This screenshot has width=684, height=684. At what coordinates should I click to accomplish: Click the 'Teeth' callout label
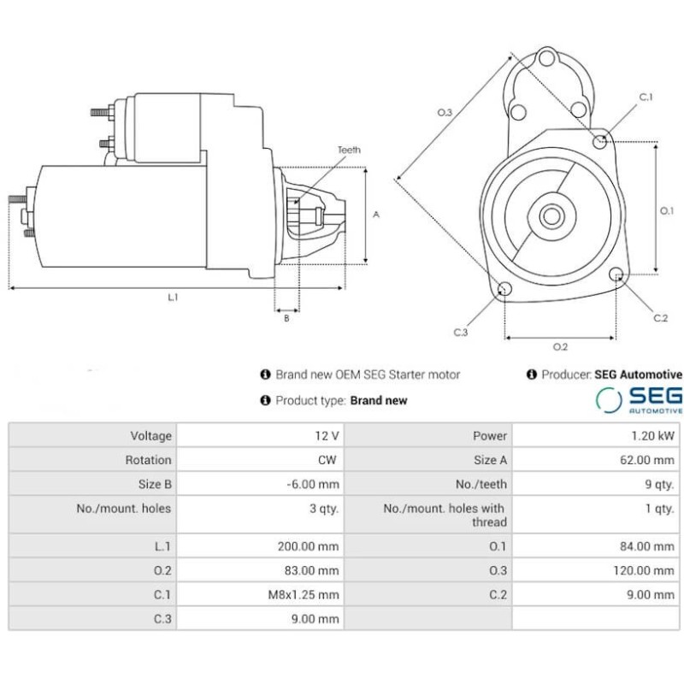click(x=349, y=150)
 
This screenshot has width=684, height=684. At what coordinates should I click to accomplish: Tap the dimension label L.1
click(x=174, y=298)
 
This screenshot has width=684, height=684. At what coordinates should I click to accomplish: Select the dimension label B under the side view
click(x=286, y=318)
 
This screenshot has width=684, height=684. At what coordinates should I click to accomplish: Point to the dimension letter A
click(x=376, y=215)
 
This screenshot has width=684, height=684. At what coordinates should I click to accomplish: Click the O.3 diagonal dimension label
click(x=445, y=112)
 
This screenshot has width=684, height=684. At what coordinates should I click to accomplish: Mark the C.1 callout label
click(x=646, y=97)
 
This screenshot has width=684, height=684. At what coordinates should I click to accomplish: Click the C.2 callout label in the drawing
click(x=660, y=318)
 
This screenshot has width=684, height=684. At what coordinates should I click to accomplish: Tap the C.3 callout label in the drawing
click(x=461, y=332)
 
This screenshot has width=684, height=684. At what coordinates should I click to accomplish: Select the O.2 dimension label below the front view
click(x=560, y=346)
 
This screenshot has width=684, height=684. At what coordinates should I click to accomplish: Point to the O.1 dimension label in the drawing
click(x=669, y=209)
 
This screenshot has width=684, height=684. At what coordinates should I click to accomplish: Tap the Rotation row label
click(x=148, y=459)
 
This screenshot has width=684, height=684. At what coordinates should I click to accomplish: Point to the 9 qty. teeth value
click(x=659, y=484)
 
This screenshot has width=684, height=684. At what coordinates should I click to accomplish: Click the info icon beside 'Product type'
click(x=266, y=400)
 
